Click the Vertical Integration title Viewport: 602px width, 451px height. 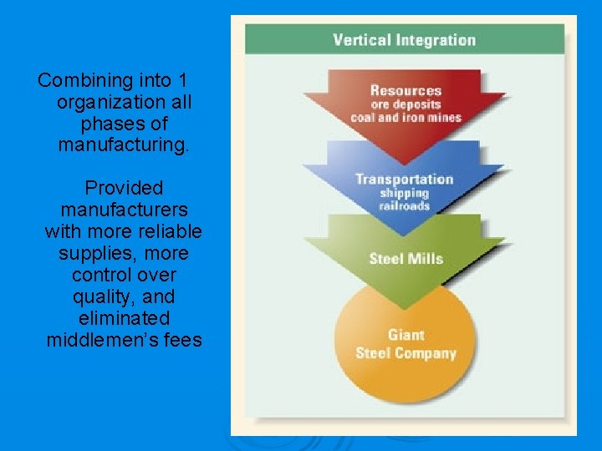tap(404, 39)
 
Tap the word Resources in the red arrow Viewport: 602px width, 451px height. tap(406, 90)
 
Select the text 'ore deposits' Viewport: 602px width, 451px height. tap(406, 104)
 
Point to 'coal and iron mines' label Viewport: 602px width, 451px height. tap(406, 118)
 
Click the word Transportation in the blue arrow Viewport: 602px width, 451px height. tap(404, 179)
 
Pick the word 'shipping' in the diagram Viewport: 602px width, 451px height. tap(404, 193)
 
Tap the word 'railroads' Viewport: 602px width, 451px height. tap(404, 206)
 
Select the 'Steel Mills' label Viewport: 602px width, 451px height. tap(406, 258)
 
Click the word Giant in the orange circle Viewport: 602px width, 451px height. tap(406, 335)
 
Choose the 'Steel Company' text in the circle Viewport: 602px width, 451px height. tap(406, 352)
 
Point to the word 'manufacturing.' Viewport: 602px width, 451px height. tap(124, 145)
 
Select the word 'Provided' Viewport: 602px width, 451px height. tap(124, 189)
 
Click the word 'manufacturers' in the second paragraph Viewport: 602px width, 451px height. tap(124, 210)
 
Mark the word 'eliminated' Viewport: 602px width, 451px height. tap(124, 319)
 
